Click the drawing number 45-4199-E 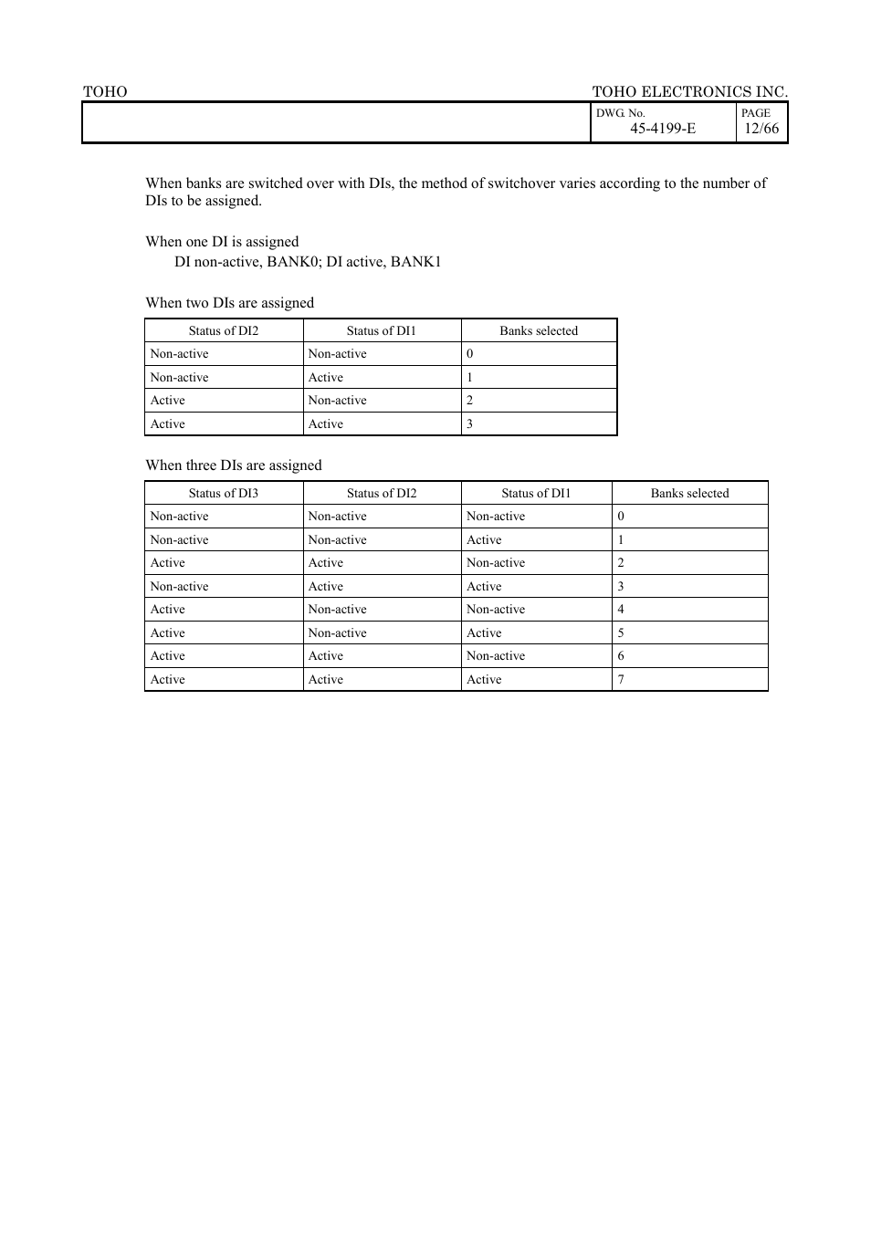tap(662, 129)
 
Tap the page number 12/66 tap(761, 129)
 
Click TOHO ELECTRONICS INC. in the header tap(689, 91)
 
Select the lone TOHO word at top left tap(105, 91)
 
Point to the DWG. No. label tap(620, 113)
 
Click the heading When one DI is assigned tap(222, 242)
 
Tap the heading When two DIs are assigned tap(229, 303)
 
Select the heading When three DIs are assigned tap(233, 465)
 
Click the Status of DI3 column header tap(224, 494)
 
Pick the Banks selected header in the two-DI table tap(539, 331)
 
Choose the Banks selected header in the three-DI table tap(689, 494)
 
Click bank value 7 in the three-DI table tap(621, 680)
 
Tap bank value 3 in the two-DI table tap(470, 424)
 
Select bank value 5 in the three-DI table tap(621, 633)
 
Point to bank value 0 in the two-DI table tap(470, 354)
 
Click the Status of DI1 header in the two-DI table tap(381, 331)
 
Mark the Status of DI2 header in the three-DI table tap(382, 494)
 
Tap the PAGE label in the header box tap(755, 113)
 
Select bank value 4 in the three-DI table tap(621, 610)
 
